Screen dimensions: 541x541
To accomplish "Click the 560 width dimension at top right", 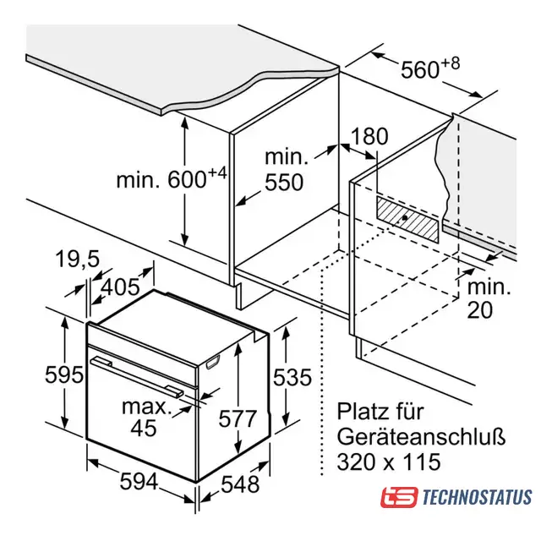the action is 430,68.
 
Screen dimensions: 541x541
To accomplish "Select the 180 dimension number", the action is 369,136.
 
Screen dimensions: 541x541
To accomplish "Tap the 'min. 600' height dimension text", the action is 172,178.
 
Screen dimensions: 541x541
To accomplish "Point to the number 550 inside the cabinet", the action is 284,182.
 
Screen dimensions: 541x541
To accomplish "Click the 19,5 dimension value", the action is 77,259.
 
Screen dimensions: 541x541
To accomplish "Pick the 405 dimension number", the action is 120,287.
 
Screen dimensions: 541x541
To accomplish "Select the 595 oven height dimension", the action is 64,374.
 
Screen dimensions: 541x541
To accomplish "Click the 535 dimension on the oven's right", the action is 292,377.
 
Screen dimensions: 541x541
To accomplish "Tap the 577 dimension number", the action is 238,418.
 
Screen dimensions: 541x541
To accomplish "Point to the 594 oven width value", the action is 139,481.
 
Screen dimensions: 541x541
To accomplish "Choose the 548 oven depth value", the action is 240,484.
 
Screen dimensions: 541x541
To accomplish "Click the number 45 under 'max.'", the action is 144,428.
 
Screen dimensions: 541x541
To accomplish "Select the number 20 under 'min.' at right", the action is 480,309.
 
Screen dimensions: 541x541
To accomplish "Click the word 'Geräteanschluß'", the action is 421,436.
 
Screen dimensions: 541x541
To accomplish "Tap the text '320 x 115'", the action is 389,462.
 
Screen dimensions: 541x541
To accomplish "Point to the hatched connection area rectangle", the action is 407,220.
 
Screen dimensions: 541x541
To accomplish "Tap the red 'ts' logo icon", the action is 399,497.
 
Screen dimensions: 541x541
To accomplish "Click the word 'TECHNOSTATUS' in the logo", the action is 477,497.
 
